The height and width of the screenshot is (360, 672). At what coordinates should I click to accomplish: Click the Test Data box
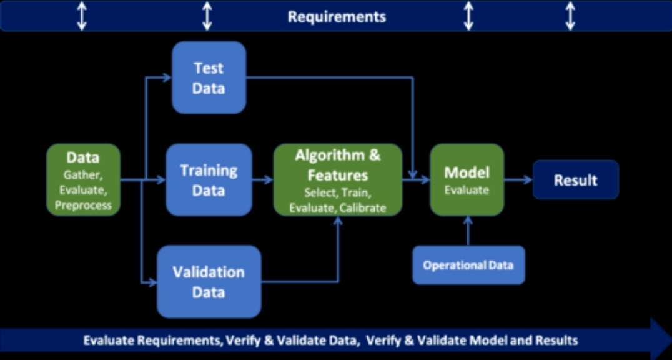pyautogui.click(x=209, y=77)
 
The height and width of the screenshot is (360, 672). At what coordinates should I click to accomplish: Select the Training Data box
pyautogui.click(x=209, y=180)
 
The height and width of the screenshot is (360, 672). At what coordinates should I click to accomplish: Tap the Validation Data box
pyautogui.click(x=209, y=282)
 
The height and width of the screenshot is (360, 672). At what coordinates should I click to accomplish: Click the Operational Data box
pyautogui.click(x=468, y=265)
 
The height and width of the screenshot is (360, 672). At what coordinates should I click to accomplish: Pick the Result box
pyautogui.click(x=576, y=180)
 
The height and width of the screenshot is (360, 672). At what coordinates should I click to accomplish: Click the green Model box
pyautogui.click(x=467, y=180)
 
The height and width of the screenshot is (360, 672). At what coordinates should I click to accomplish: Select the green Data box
pyautogui.click(x=83, y=180)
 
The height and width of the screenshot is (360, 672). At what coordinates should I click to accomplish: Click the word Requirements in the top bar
pyautogui.click(x=337, y=17)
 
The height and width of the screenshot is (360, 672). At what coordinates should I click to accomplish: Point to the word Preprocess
pyautogui.click(x=83, y=205)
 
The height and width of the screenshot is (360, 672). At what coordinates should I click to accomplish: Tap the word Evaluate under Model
pyautogui.click(x=467, y=189)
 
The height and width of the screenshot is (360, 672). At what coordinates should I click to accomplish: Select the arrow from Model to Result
pyautogui.click(x=518, y=180)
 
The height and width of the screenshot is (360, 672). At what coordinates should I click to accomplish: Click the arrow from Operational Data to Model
pyautogui.click(x=468, y=231)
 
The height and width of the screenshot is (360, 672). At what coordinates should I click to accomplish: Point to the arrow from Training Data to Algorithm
pyautogui.click(x=263, y=180)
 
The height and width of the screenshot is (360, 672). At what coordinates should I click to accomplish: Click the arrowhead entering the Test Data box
pyautogui.click(x=167, y=77)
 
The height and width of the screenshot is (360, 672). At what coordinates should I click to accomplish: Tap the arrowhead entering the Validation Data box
pyautogui.click(x=152, y=282)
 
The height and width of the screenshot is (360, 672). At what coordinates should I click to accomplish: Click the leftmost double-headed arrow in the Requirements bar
pyautogui.click(x=82, y=16)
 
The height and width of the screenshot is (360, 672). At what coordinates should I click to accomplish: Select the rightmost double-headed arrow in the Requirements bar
pyautogui.click(x=570, y=16)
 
